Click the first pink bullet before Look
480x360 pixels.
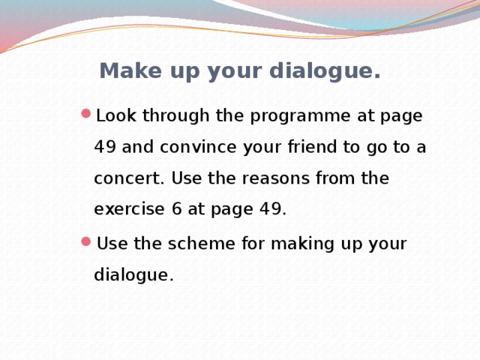[x=85, y=115]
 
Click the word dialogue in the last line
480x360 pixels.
[x=133, y=275]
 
